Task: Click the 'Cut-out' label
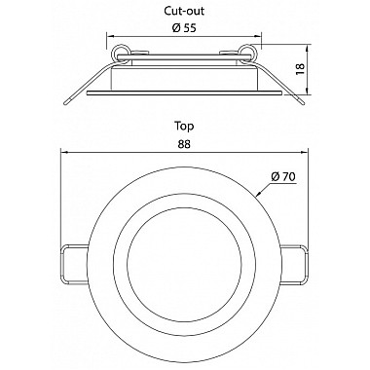(x=184, y=11)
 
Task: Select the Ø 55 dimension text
(x=184, y=28)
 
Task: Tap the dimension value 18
(x=301, y=69)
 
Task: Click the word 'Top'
(x=184, y=126)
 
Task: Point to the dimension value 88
(x=184, y=144)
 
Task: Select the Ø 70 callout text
(x=283, y=177)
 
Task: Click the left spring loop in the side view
(x=120, y=52)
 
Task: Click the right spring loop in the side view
(x=247, y=52)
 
